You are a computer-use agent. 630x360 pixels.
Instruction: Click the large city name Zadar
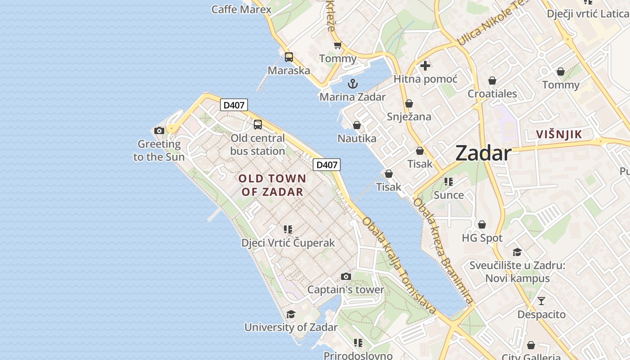[483, 153]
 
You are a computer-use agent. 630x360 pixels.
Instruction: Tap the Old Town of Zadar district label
[272, 185]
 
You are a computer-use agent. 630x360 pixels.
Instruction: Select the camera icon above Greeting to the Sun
[159, 130]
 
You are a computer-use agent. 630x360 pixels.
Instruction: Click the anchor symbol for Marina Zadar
[353, 83]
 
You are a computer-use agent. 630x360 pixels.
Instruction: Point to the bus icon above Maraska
[289, 57]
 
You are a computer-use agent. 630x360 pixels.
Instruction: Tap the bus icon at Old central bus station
[258, 125]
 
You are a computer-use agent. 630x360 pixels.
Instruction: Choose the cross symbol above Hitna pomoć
[425, 66]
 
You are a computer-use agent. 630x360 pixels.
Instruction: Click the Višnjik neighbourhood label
[559, 134]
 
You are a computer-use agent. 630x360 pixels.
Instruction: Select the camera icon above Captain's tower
[346, 276]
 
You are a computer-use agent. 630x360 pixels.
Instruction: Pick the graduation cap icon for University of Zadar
[291, 314]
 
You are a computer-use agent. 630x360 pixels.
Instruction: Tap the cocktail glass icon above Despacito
[541, 301]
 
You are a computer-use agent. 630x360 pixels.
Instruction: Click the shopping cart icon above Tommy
[338, 45]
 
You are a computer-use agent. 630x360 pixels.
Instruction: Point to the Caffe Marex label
[242, 9]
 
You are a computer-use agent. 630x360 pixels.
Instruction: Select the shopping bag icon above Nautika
[357, 125]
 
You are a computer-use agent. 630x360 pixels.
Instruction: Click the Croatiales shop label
[492, 94]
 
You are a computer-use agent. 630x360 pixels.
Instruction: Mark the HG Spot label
[482, 238]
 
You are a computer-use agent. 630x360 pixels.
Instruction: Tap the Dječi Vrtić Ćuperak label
[288, 243]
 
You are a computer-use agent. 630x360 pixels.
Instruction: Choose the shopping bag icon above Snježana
[409, 103]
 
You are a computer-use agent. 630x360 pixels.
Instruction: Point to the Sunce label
[449, 195]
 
